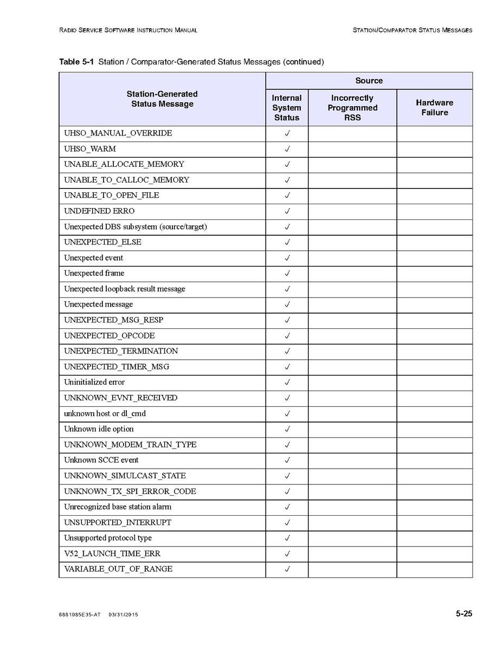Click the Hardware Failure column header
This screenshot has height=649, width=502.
[x=434, y=107]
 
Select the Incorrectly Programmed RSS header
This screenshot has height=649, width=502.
[x=352, y=107]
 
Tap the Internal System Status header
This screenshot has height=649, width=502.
[x=287, y=107]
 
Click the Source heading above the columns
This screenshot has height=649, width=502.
[x=369, y=81]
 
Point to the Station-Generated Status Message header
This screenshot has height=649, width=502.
[x=162, y=99]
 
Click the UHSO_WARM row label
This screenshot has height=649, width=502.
[x=90, y=149]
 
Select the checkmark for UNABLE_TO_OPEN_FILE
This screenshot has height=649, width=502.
[x=287, y=196]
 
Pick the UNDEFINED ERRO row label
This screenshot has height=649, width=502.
[x=99, y=211]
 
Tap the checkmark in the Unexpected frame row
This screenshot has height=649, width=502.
[x=287, y=274]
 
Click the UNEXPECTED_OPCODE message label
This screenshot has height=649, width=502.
[x=110, y=336]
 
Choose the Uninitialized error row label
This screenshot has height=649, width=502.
[x=94, y=382]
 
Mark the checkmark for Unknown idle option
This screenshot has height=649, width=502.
[x=287, y=429]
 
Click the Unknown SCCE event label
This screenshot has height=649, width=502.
[x=101, y=460]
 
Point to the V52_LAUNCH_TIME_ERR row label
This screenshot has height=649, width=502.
[x=112, y=554]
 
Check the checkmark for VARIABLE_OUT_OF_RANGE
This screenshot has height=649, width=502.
[x=287, y=569]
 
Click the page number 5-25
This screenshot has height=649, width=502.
[x=464, y=614]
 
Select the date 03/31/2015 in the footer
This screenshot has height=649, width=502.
[x=123, y=615]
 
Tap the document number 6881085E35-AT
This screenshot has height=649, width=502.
[x=79, y=615]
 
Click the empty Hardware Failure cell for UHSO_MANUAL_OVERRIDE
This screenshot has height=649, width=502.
[x=434, y=134]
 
